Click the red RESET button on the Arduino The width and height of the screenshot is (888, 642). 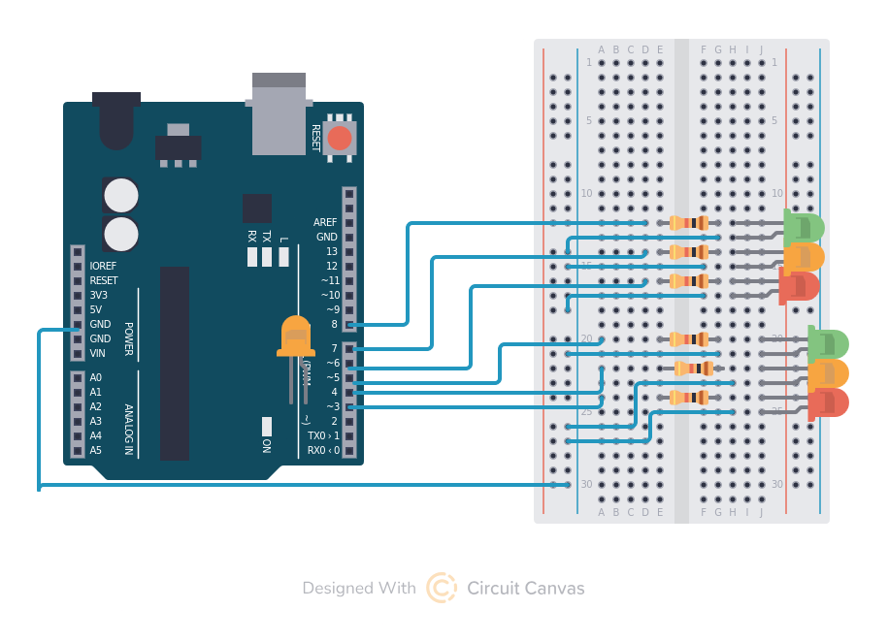pyautogui.click(x=339, y=138)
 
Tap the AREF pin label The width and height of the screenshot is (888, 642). pyautogui.click(x=325, y=222)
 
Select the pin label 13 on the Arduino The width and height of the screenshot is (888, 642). pyautogui.click(x=332, y=251)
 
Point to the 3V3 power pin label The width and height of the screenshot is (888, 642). pyautogui.click(x=98, y=295)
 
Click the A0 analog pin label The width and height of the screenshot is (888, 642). pyautogui.click(x=95, y=377)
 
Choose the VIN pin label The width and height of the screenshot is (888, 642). pyautogui.click(x=97, y=353)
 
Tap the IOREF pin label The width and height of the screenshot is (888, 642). pyautogui.click(x=103, y=266)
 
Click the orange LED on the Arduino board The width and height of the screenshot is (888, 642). pyautogui.click(x=296, y=337)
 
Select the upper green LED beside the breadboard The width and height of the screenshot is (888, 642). pyautogui.click(x=805, y=228)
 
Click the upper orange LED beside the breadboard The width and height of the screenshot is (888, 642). pyautogui.click(x=805, y=257)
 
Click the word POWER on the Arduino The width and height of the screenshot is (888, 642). pyautogui.click(x=128, y=338)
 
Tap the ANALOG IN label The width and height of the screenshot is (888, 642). pyautogui.click(x=128, y=429)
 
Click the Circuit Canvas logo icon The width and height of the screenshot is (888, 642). pyautogui.click(x=442, y=588)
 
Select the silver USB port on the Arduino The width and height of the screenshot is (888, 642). pyautogui.click(x=279, y=113)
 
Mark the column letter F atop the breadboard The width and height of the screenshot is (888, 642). pyautogui.click(x=704, y=49)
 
